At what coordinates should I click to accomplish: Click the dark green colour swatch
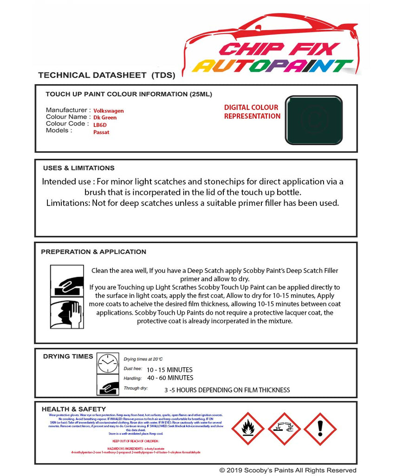pyautogui.click(x=313, y=119)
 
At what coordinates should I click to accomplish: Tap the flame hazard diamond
pyautogui.click(x=248, y=429)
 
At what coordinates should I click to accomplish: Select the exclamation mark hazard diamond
pyautogui.click(x=320, y=429)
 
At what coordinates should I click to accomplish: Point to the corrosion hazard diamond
pyautogui.click(x=284, y=429)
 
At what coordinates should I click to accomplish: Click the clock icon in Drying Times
pyautogui.click(x=108, y=363)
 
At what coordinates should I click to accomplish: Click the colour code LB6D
pyautogui.click(x=100, y=125)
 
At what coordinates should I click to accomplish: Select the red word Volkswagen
pyautogui.click(x=109, y=111)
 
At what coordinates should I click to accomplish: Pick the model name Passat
pyautogui.click(x=101, y=132)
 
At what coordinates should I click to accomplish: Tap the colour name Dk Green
pyautogui.click(x=105, y=118)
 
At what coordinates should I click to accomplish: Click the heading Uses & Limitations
pyautogui.click(x=78, y=168)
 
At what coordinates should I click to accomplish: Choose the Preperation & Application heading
pyautogui.click(x=93, y=252)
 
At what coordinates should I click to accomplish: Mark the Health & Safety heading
pyautogui.click(x=73, y=409)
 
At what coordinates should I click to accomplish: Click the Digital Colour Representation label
pyautogui.click(x=252, y=112)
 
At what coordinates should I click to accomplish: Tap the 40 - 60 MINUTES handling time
pyautogui.click(x=169, y=377)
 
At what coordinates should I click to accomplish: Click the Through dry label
pyautogui.click(x=136, y=388)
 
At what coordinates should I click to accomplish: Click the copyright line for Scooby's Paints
pyautogui.click(x=288, y=470)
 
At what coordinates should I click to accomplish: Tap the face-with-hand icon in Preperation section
pyautogui.click(x=67, y=313)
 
